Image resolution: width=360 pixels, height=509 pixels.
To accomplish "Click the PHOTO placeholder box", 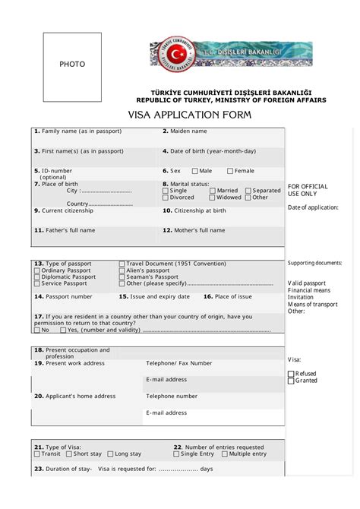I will (72, 67).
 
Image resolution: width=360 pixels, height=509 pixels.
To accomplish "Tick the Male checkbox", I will (195, 172).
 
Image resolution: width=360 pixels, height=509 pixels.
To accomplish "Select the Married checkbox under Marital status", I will (213, 191).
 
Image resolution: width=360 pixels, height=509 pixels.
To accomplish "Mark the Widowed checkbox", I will (213, 198).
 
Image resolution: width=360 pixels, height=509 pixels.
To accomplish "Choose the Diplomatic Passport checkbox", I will (37, 277).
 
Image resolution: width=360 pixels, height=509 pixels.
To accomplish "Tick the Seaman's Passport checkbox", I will (122, 277).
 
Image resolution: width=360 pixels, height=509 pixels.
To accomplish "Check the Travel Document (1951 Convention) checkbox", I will (122, 264).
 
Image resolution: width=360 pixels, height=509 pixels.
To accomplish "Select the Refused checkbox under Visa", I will (291, 374).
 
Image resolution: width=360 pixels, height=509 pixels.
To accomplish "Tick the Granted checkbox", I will (291, 381).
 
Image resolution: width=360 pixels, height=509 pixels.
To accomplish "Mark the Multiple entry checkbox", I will (225, 454).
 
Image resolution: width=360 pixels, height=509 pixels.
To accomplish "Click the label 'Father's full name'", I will (65, 230).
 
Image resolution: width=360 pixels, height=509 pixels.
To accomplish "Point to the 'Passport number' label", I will (64, 296).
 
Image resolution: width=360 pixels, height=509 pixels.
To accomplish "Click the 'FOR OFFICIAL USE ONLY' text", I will (308, 190).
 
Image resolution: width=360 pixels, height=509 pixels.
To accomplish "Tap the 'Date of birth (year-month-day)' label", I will (209, 151).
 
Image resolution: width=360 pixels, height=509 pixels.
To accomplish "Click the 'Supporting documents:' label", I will (314, 264).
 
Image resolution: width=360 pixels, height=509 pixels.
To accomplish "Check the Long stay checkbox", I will (110, 454).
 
